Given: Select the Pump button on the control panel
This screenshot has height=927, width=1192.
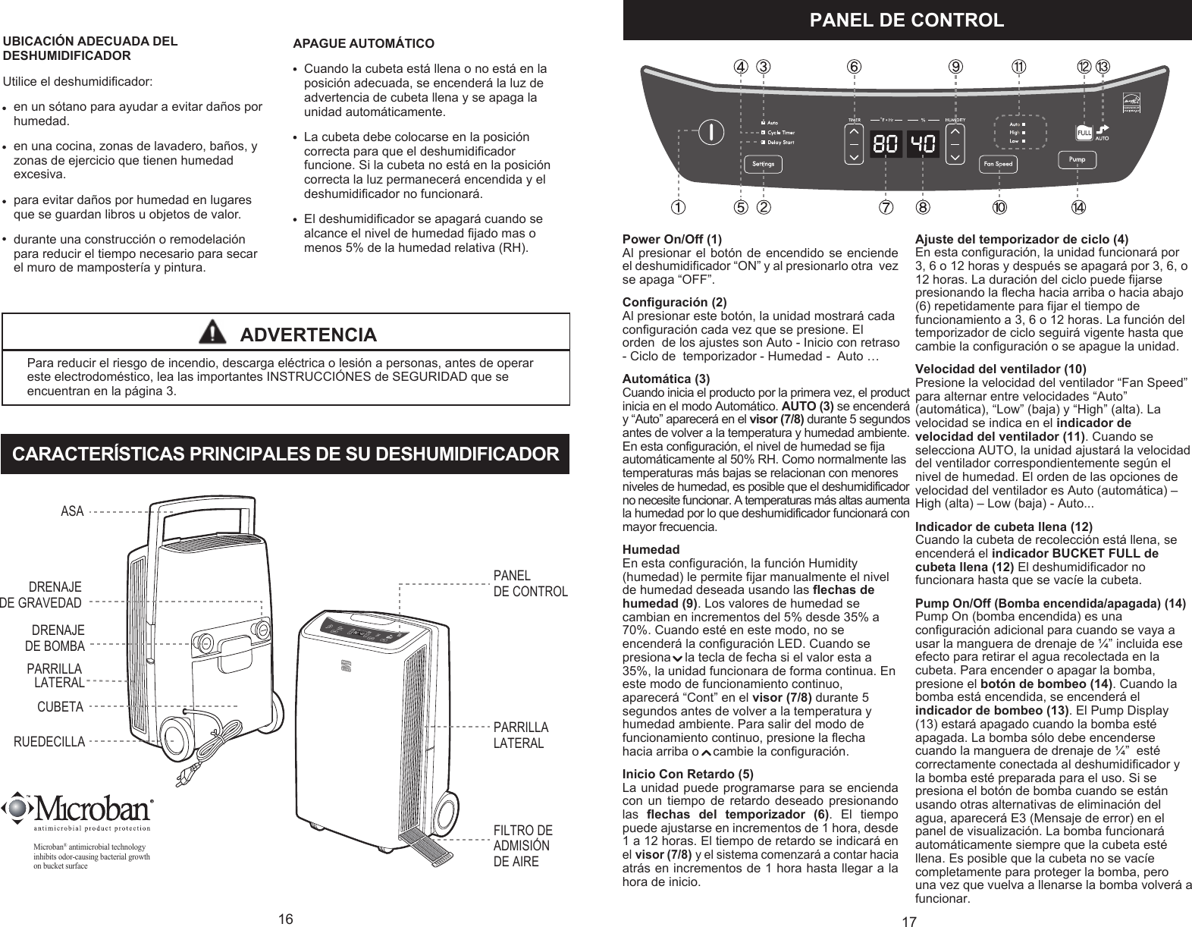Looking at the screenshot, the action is (x=1077, y=160).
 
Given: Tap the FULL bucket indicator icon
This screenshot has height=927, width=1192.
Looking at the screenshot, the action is (x=1084, y=133).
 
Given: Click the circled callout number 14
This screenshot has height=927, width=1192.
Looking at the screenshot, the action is (x=1078, y=206).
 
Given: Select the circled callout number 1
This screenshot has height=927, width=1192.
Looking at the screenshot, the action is (x=676, y=206).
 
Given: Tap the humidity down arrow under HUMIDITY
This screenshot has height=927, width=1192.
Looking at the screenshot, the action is (x=955, y=157).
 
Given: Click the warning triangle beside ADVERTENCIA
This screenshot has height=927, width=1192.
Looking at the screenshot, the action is (x=215, y=333).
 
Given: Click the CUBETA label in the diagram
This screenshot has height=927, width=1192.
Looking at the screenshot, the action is (x=60, y=707).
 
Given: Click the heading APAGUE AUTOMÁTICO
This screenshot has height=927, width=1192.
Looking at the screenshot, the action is (x=363, y=42).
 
